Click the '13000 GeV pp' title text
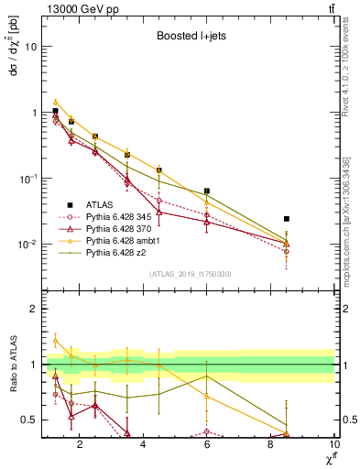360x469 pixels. click(x=83, y=8)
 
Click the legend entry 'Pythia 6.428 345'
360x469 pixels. click(x=113, y=217)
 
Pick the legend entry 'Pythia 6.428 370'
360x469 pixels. click(x=113, y=229)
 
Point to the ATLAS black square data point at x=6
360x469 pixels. click(x=207, y=191)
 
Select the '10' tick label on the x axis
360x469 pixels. click(x=334, y=444)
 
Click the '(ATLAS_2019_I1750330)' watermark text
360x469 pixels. click(x=190, y=274)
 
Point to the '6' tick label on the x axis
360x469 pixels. click(x=207, y=444)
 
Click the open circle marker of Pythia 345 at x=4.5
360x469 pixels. click(x=159, y=200)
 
